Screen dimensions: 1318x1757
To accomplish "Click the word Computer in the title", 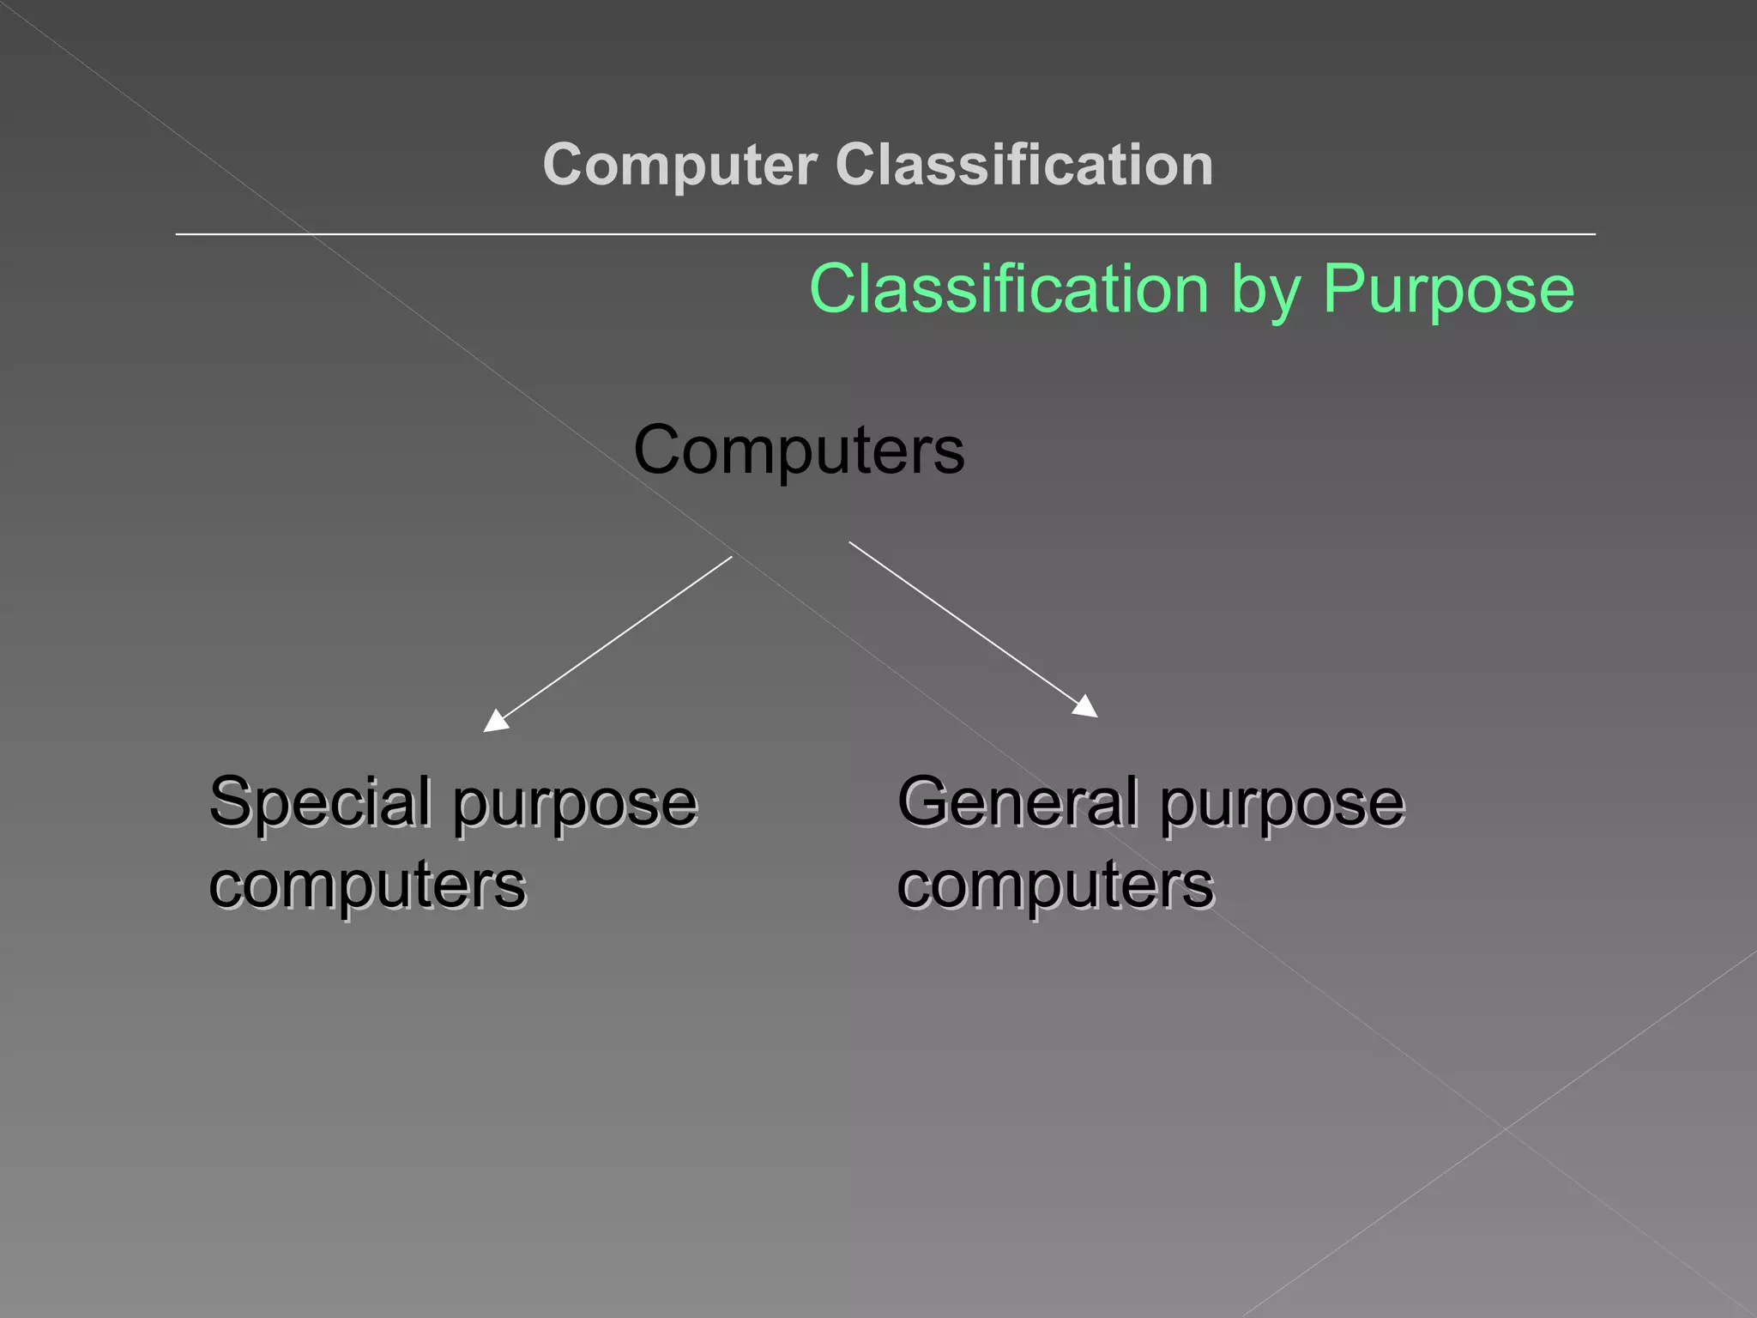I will coord(679,165).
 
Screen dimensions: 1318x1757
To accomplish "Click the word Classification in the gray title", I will coord(1024,165).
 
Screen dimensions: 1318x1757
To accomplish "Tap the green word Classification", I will coord(1009,289).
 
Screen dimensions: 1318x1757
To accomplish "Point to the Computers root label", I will coord(799,450).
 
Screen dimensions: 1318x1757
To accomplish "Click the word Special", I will coord(320,803).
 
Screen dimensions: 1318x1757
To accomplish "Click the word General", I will coord(1017,801).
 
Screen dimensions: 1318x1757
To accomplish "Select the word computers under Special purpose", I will coord(367,886).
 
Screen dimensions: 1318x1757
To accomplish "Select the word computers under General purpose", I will coord(1055,886).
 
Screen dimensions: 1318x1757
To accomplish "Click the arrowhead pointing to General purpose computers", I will coord(1086,707).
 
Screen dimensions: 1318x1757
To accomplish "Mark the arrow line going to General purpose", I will coord(965,623).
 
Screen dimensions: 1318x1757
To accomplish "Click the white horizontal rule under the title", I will coord(884,233).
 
